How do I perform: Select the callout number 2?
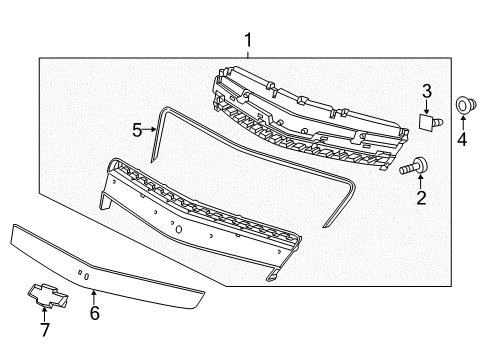[x=421, y=198]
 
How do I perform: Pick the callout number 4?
[x=462, y=139]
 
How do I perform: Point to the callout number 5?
[x=138, y=129]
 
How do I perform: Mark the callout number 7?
[x=44, y=330]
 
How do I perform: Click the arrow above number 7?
[x=44, y=312]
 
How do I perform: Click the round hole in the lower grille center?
[x=178, y=229]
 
